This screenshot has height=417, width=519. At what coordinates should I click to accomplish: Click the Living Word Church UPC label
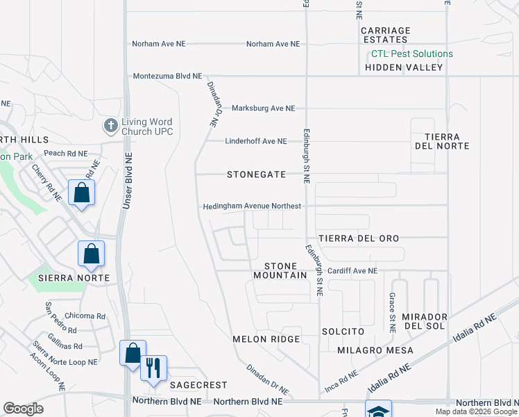146,126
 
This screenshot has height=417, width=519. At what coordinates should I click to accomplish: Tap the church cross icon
110,126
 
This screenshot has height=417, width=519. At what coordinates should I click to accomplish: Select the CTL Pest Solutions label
411,54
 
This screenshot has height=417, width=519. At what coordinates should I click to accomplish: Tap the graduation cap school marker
379,410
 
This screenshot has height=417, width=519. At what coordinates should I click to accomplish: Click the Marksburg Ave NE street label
263,108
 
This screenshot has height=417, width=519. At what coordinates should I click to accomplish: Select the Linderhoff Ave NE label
255,141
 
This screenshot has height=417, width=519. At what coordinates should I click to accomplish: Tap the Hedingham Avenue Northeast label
252,206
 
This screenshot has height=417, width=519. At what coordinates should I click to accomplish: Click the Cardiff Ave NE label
352,270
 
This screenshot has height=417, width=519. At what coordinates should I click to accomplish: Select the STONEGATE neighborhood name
256,174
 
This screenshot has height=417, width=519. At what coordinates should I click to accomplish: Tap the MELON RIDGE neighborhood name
266,339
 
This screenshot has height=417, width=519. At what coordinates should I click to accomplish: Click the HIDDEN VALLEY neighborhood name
404,67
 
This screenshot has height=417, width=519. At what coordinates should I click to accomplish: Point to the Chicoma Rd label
84,316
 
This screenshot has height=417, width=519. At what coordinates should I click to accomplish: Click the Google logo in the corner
24,409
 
